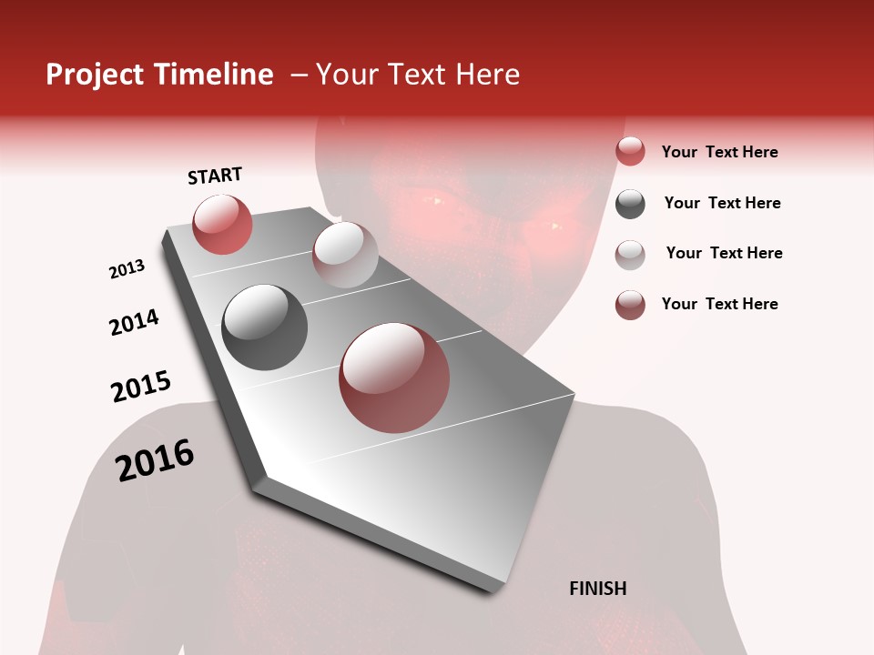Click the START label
215,176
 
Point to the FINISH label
598,589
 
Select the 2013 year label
127,269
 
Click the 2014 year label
134,322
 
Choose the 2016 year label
155,459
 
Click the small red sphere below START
222,225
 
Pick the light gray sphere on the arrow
345,255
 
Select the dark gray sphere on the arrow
265,327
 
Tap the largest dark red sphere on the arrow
394,378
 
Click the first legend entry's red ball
630,152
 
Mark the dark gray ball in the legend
630,204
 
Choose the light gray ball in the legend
630,254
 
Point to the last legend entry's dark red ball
630,305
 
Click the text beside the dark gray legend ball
722,203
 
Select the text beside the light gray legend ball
724,253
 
